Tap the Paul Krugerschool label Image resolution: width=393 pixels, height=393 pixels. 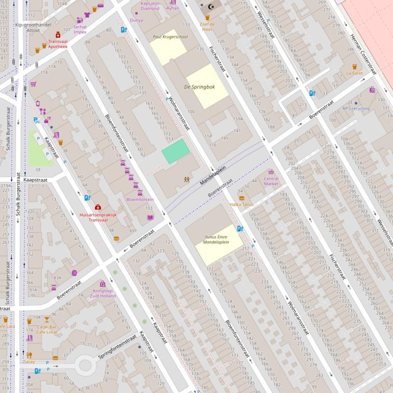(170, 37)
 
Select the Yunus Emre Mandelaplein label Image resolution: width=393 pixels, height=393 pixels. (216, 239)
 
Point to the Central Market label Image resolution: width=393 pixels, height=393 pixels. (271, 181)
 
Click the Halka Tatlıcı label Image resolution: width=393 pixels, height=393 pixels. (241, 204)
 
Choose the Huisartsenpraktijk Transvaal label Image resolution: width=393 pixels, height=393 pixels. (98, 217)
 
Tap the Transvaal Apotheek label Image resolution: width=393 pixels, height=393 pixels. (58, 43)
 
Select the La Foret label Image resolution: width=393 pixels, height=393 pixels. (355, 73)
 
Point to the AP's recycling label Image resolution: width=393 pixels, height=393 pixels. (356, 108)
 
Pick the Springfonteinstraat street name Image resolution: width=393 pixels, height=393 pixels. (118, 347)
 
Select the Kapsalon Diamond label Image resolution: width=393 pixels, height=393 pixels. (150, 6)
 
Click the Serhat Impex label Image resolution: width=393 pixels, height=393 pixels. (80, 29)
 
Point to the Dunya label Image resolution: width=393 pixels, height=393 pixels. (136, 20)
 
